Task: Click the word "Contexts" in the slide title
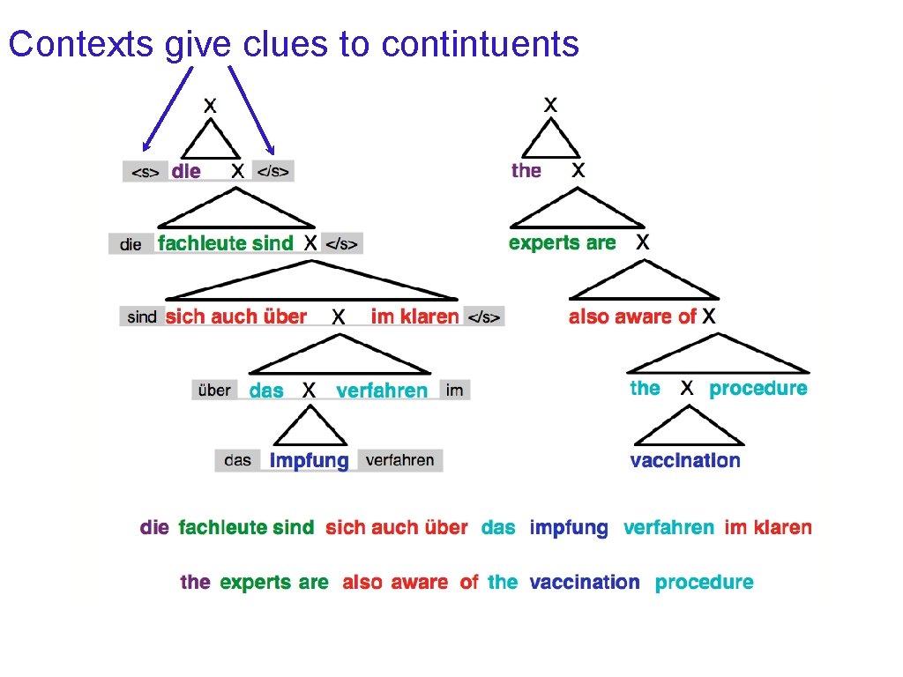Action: [80, 43]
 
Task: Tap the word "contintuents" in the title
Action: [481, 43]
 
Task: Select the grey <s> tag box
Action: [145, 172]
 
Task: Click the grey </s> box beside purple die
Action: [272, 171]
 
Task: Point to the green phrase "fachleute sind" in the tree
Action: [226, 243]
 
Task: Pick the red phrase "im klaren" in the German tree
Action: [415, 316]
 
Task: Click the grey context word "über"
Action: [214, 390]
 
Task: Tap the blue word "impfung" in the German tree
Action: [310, 460]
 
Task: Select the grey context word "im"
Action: [454, 390]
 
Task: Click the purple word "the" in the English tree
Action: [526, 170]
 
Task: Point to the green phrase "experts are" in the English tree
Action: [563, 243]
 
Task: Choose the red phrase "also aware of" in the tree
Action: [632, 316]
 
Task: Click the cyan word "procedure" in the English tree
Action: [758, 389]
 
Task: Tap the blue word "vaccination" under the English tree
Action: [685, 460]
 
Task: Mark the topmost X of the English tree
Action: [550, 104]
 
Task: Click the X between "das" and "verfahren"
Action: [310, 390]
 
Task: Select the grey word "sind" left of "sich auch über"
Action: [142, 316]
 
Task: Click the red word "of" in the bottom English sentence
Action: [469, 582]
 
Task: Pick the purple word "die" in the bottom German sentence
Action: [154, 527]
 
